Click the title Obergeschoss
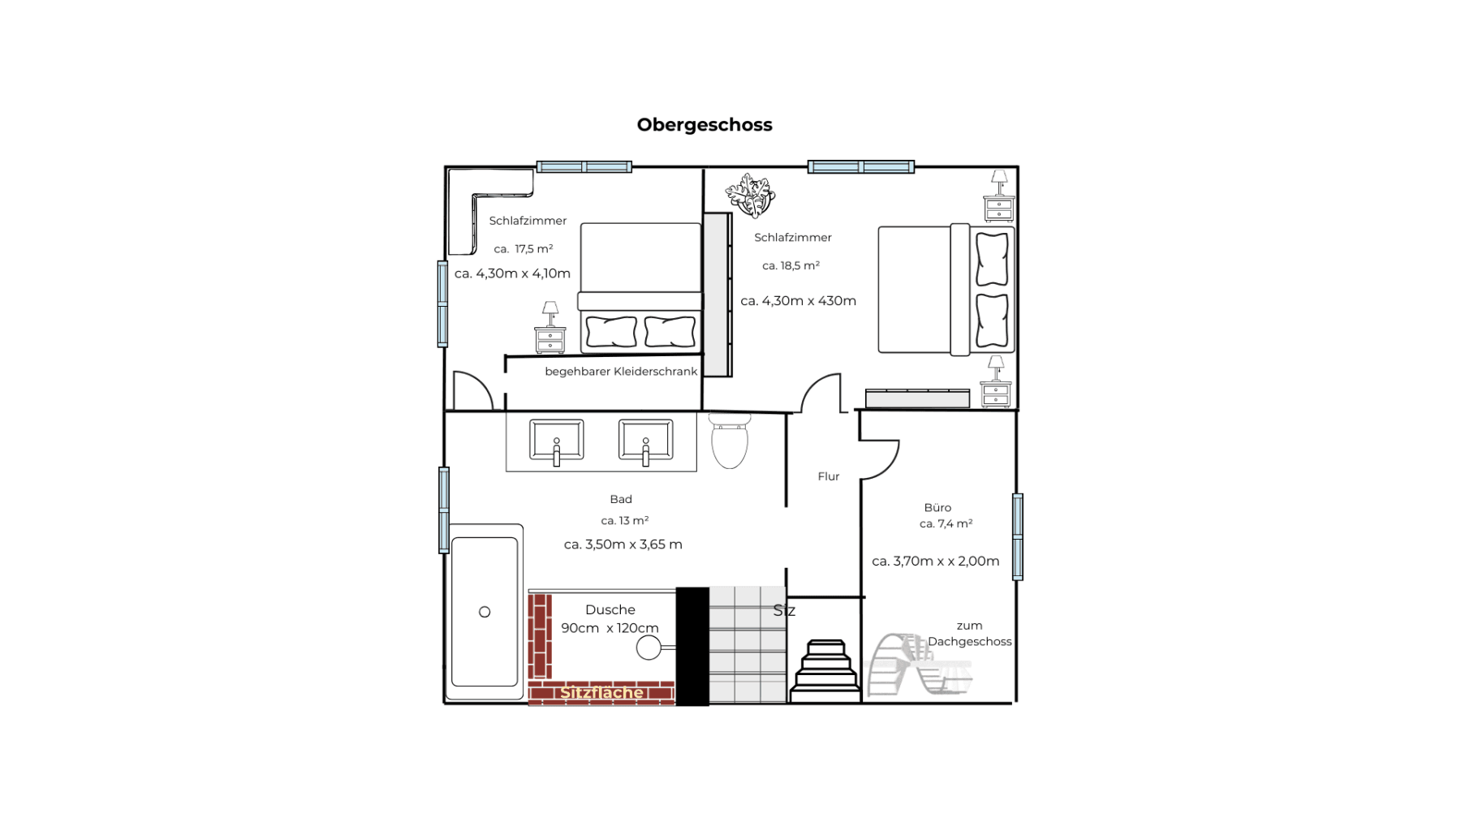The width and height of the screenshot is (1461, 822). (x=704, y=125)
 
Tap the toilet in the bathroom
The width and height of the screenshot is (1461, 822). (x=729, y=442)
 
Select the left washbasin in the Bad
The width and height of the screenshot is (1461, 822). (x=556, y=441)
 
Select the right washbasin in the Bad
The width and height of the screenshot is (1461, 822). (x=645, y=441)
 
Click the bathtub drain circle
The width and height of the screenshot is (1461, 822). (x=485, y=612)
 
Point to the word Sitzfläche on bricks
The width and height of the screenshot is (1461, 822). (x=601, y=692)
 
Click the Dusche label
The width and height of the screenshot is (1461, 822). (x=610, y=609)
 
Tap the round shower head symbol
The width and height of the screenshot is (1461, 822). (x=649, y=648)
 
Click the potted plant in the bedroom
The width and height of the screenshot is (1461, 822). (x=751, y=196)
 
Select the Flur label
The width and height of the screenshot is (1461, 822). (x=828, y=476)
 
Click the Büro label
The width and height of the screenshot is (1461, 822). (x=937, y=507)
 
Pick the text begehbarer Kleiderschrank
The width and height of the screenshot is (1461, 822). (x=621, y=372)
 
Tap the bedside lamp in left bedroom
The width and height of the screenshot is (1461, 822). (x=550, y=312)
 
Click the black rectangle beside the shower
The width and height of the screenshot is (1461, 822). (x=692, y=646)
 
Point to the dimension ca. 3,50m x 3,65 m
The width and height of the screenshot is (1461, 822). (x=623, y=544)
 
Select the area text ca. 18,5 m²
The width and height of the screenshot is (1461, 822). (x=791, y=265)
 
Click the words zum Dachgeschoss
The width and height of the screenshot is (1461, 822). (x=969, y=634)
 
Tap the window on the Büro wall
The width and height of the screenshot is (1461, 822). (x=1017, y=536)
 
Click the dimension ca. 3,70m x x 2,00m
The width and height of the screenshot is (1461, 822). (x=935, y=561)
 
